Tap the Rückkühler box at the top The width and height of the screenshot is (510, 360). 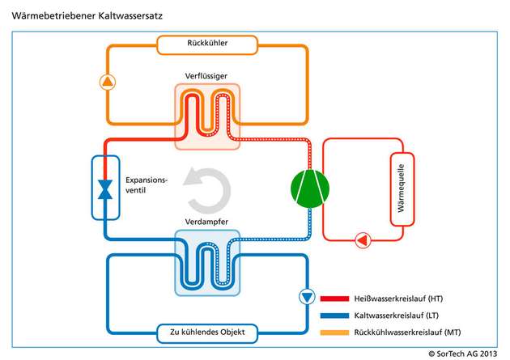pyautogui.click(x=207, y=44)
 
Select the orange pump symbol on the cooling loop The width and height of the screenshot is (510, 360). pyautogui.click(x=108, y=81)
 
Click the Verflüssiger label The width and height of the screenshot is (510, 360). pyautogui.click(x=208, y=75)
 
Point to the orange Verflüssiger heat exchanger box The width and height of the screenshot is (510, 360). pyautogui.click(x=208, y=116)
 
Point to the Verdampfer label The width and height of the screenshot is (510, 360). pyautogui.click(x=208, y=221)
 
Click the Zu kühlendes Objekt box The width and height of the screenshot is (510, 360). pyautogui.click(x=208, y=332)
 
